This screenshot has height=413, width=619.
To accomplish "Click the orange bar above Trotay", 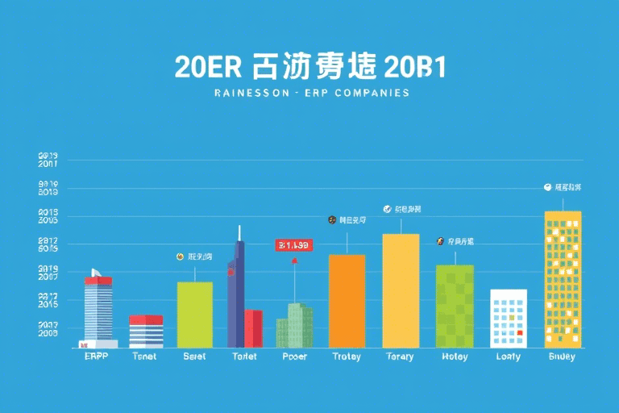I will [x=347, y=301].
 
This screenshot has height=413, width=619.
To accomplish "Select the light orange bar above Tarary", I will [x=401, y=290].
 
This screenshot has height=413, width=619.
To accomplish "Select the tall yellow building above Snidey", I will [x=563, y=279].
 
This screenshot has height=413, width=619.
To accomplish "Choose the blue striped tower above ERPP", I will [x=98, y=308].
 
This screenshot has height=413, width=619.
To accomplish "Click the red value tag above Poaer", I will [x=293, y=244].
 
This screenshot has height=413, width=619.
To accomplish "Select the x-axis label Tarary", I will [x=400, y=357].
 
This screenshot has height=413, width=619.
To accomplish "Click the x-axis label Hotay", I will [x=455, y=357].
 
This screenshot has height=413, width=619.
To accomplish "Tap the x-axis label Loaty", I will [x=508, y=357].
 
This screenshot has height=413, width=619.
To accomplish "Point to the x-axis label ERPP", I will [x=98, y=357].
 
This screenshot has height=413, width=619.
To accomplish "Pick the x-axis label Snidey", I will [x=562, y=357].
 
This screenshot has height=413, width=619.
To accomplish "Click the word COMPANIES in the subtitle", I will [x=372, y=93].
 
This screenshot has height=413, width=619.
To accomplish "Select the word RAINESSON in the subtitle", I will [x=247, y=93].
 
